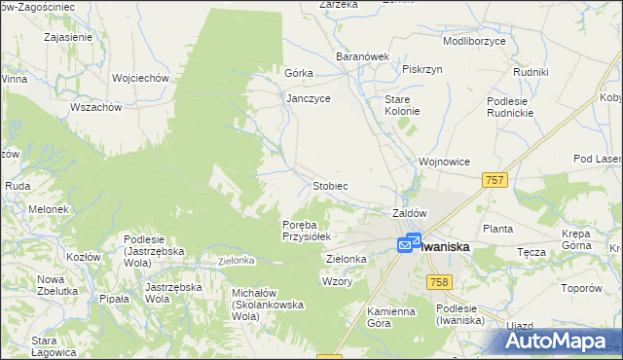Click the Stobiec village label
tap(329, 185)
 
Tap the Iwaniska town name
tap(446, 247)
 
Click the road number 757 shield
tap(495, 180)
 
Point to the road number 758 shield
tap(438, 281)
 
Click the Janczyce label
tap(309, 98)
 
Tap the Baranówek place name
tap(362, 57)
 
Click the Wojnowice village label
tap(444, 162)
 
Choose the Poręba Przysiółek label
tap(307, 230)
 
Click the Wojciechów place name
tap(141, 78)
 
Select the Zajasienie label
tap(68, 38)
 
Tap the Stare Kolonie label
tap(402, 105)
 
